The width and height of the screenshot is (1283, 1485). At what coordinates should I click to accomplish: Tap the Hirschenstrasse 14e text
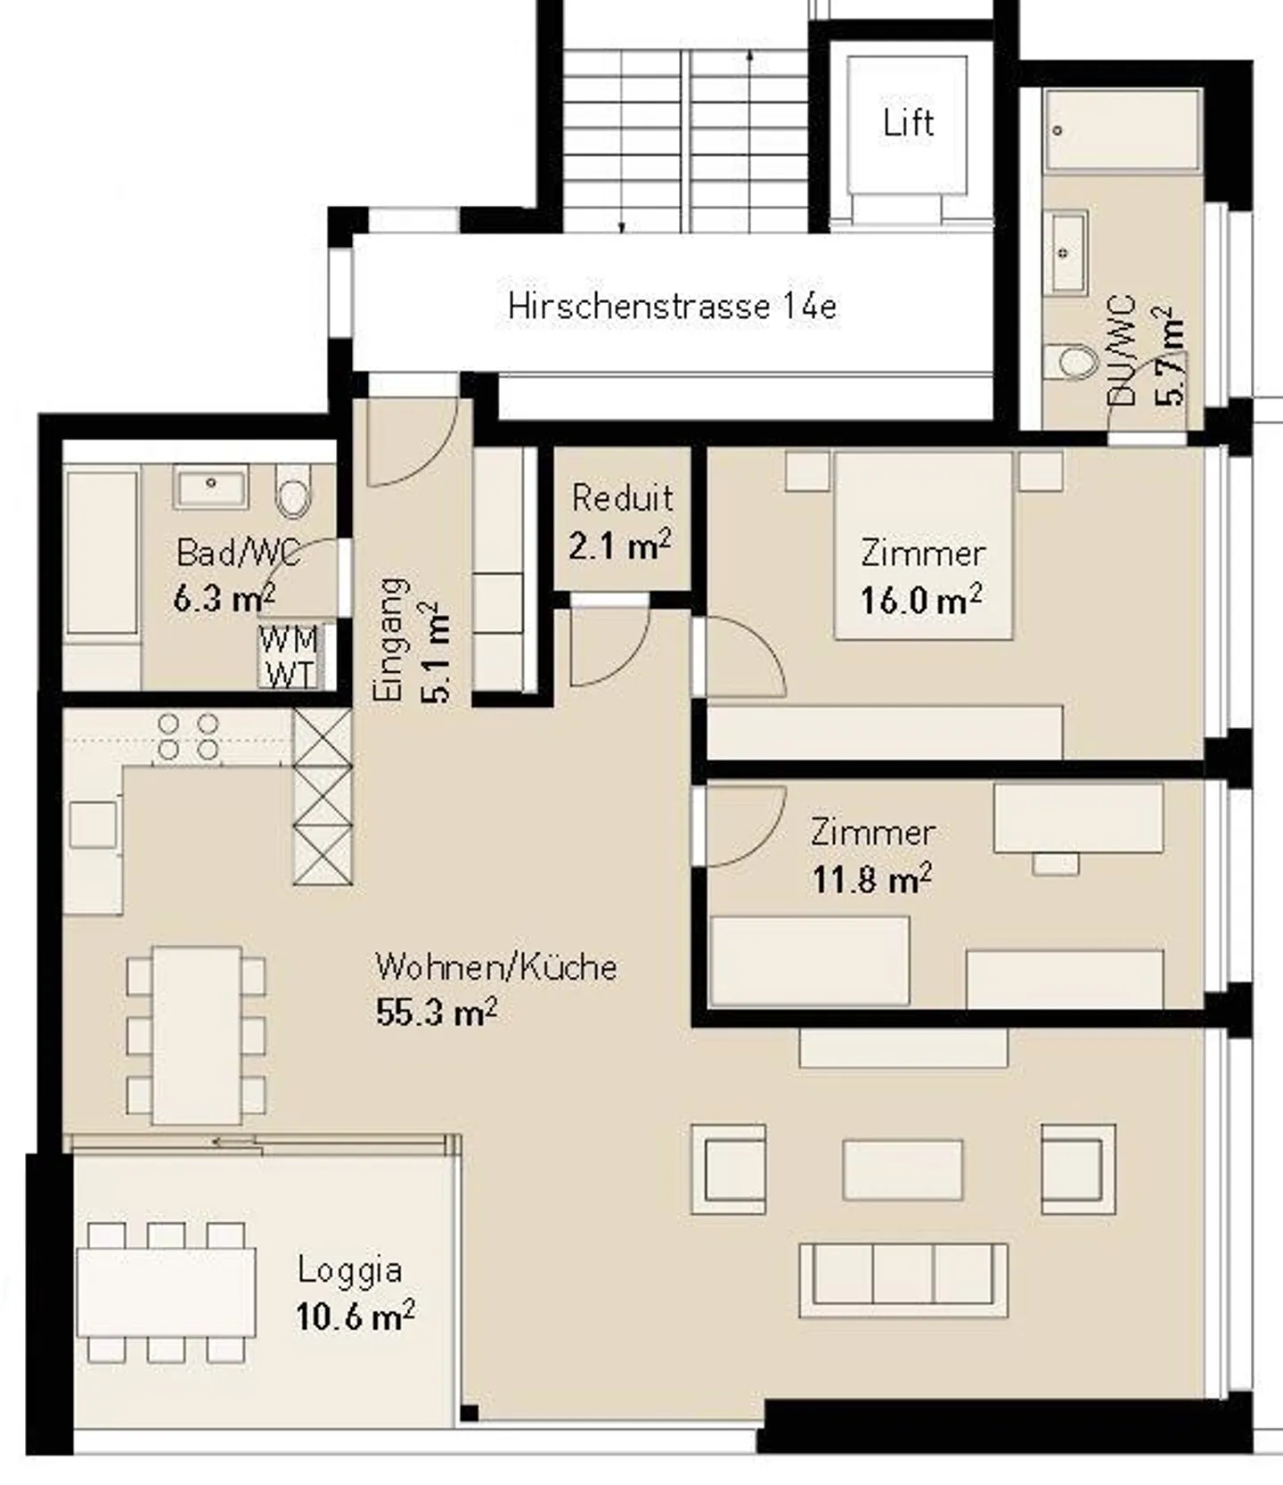pos(672,307)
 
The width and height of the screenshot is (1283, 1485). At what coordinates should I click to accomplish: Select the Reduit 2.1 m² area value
pos(620,546)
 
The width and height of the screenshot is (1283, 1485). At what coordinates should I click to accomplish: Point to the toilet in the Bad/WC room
pos(293,493)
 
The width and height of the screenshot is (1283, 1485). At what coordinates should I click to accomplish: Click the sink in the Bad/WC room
pos(212,488)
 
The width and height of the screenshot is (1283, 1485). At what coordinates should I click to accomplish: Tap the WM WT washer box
pos(289,657)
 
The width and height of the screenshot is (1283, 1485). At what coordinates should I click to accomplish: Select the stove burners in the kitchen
pos(188,736)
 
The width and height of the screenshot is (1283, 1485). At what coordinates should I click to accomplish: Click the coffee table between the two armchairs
pos(903,1169)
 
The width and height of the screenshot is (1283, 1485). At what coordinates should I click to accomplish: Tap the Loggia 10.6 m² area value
pos(355,1317)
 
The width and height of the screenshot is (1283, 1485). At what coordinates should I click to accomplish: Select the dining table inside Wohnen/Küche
pos(196,1034)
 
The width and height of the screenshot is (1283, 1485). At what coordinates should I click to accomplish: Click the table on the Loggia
pos(166,1292)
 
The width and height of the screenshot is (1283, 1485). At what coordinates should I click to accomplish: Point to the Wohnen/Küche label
pos(495,967)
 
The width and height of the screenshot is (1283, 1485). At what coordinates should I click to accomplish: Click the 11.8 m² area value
pos(871,880)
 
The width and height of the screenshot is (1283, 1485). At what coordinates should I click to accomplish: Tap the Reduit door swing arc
pos(609,647)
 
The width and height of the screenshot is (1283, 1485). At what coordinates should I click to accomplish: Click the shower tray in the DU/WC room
pos(1124,129)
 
